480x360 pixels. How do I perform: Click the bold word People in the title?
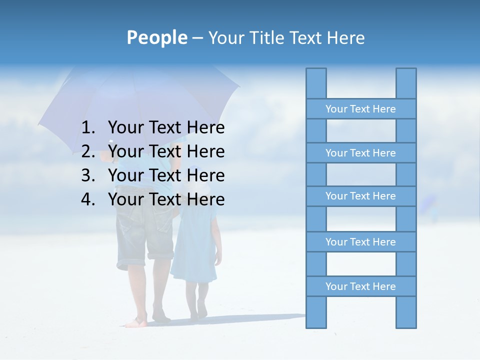point(156,37)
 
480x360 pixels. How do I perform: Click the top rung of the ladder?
point(360,109)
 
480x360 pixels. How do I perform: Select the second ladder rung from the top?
point(360,153)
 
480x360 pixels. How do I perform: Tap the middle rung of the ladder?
point(360,196)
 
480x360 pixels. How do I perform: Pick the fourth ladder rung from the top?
point(360,242)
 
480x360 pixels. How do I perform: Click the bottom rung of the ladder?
point(360,286)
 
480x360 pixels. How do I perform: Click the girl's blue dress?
point(195,245)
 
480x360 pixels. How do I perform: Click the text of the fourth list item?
point(166,199)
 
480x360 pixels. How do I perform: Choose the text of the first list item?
point(166,128)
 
